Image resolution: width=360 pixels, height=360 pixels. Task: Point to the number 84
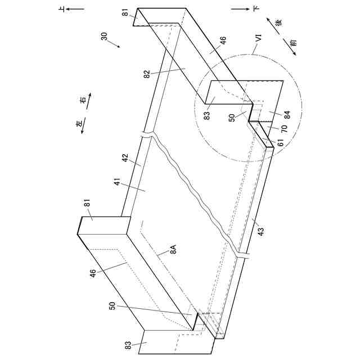point(287,115)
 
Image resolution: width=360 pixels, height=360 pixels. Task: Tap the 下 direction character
point(256,9)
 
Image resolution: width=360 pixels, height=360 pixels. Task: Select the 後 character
point(277,23)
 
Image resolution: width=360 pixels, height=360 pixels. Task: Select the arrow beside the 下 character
point(240,9)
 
